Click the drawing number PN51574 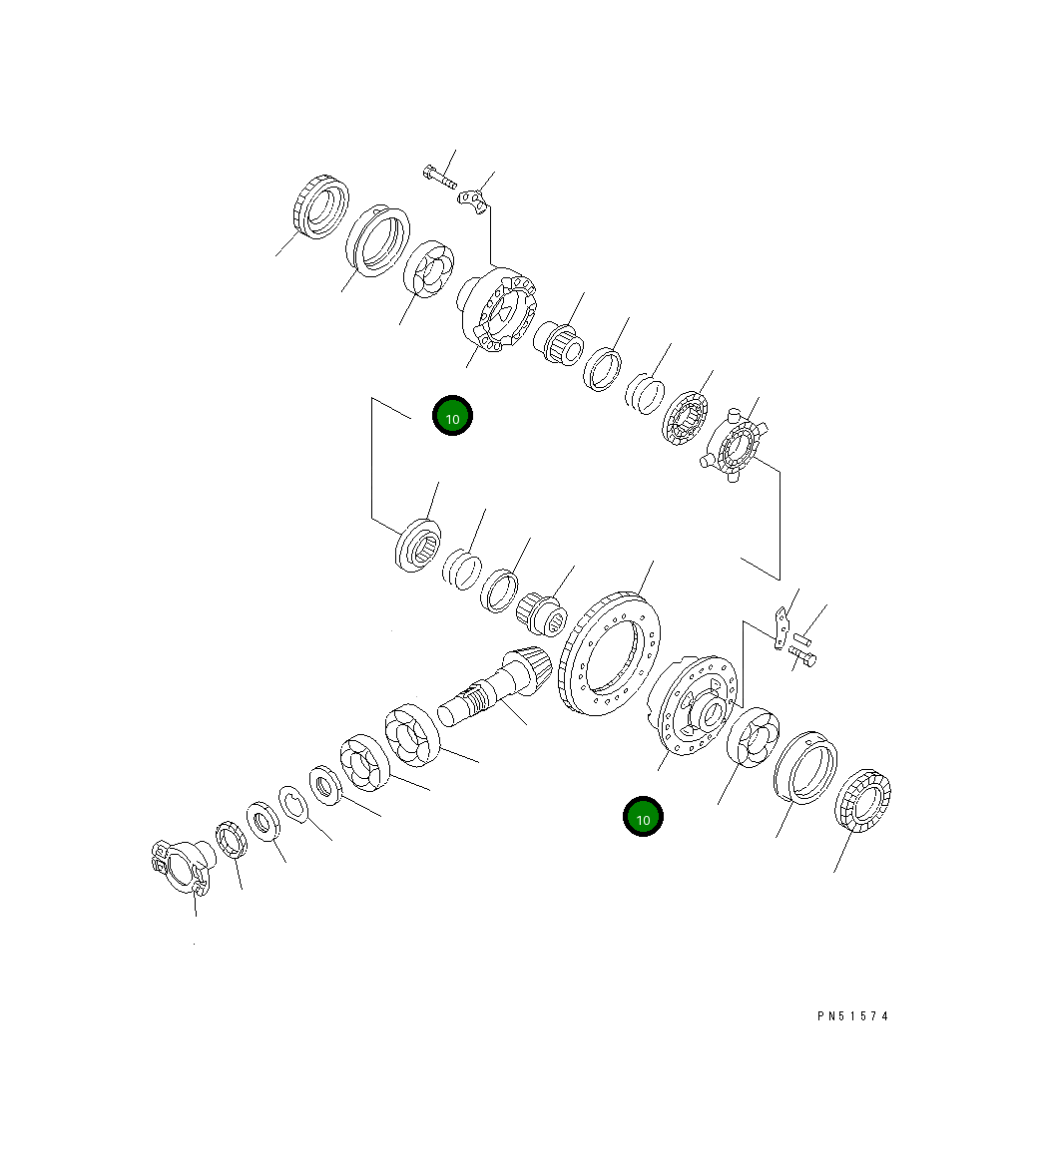[852, 1015]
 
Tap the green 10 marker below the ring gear [642, 817]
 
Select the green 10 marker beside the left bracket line [452, 416]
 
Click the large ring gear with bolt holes [610, 654]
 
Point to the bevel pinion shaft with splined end [494, 685]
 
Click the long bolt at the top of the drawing [439, 177]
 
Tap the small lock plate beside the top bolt [472, 199]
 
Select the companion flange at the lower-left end [182, 865]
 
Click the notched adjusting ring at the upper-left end [319, 207]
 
